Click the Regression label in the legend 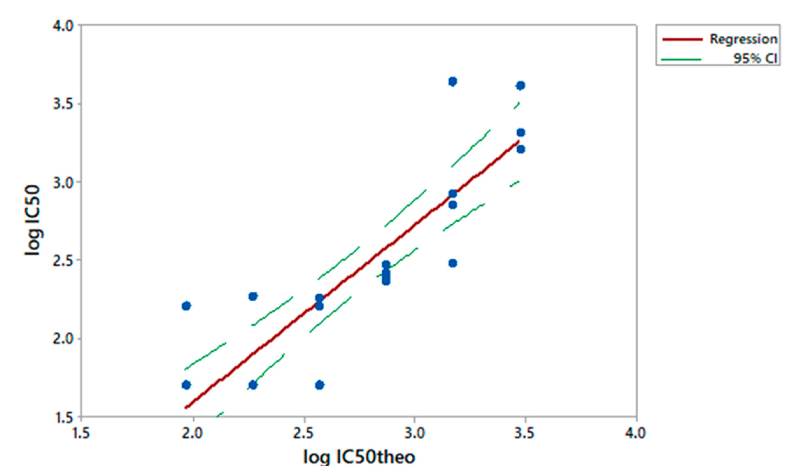(x=743, y=39)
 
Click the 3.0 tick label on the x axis (x=415, y=433)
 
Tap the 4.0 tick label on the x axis (x=636, y=433)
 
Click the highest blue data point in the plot (x=452, y=82)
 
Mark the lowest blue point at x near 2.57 (x=320, y=385)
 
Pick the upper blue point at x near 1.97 (x=186, y=306)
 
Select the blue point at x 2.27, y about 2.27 (x=253, y=297)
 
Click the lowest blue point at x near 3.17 (x=452, y=263)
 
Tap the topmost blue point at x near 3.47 (x=521, y=85)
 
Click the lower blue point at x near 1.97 (x=186, y=385)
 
